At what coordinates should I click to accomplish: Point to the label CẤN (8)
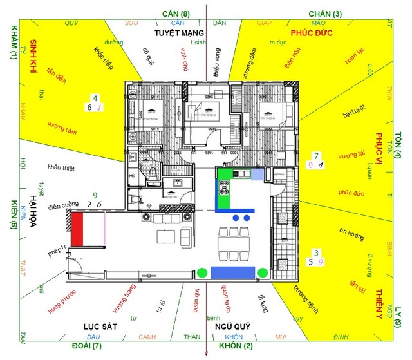176,13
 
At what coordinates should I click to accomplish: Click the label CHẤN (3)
325,13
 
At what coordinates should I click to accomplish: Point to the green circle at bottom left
202,272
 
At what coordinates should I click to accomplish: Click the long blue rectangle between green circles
233,272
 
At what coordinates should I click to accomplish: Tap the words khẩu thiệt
61,168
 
